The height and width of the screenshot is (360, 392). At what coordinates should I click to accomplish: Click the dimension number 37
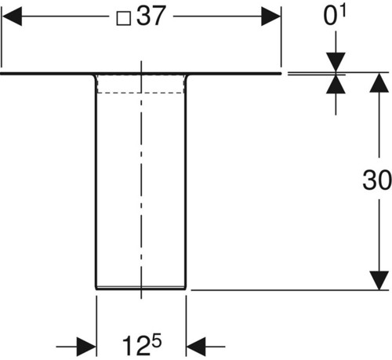pyautogui.click(x=151, y=16)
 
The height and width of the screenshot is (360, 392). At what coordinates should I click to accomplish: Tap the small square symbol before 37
pyautogui.click(x=123, y=19)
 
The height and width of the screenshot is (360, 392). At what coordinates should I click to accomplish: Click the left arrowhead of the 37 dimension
pyautogui.click(x=12, y=16)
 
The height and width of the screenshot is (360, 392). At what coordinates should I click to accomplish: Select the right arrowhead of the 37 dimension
pyautogui.click(x=270, y=16)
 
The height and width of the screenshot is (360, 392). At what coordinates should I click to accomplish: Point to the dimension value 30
pyautogui.click(x=377, y=180)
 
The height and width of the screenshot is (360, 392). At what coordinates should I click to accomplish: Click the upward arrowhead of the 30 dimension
pyautogui.click(x=379, y=82)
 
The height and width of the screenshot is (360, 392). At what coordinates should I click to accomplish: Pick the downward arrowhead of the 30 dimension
pyautogui.click(x=379, y=281)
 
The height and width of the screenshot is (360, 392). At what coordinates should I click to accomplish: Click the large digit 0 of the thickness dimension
pyautogui.click(x=331, y=16)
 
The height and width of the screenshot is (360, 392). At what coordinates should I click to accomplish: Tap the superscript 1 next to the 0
pyautogui.click(x=343, y=12)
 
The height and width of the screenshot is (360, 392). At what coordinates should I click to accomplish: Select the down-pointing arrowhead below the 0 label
pyautogui.click(x=336, y=62)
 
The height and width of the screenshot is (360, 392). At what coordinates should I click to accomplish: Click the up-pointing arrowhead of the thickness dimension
pyautogui.click(x=336, y=84)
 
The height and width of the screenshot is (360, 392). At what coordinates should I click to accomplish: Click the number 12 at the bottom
pyautogui.click(x=136, y=346)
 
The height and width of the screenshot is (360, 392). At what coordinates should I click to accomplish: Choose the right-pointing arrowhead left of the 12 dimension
pyautogui.click(x=86, y=347)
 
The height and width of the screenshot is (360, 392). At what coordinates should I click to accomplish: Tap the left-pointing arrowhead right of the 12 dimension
pyautogui.click(x=196, y=347)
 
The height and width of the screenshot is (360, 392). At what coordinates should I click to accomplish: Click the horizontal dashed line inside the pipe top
pyautogui.click(x=140, y=93)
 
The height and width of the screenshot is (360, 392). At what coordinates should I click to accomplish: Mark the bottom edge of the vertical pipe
pyautogui.click(x=141, y=289)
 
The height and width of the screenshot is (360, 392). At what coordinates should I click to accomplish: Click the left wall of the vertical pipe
pyautogui.click(x=96, y=182)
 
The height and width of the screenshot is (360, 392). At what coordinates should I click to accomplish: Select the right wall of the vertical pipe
pyautogui.click(x=186, y=182)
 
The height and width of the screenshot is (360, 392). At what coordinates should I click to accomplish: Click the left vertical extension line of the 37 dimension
pyautogui.click(x=2, y=37)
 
